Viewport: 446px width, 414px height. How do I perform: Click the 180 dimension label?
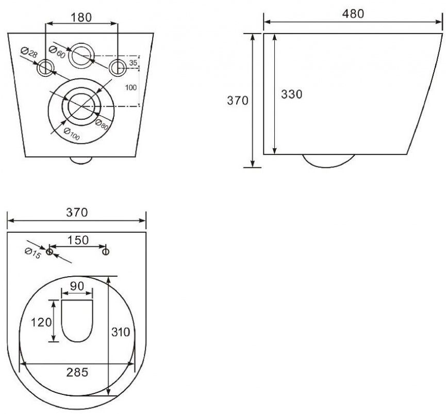click(x=81, y=18)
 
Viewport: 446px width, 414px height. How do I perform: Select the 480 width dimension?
click(x=353, y=13)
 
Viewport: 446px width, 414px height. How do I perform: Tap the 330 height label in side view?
click(x=291, y=94)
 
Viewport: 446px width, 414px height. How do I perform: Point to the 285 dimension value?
click(x=77, y=372)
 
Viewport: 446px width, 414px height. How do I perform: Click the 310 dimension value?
click(x=121, y=332)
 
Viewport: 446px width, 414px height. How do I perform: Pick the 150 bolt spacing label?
click(x=78, y=240)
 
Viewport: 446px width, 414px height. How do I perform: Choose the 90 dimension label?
click(x=77, y=286)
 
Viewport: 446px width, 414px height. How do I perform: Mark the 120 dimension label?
click(x=41, y=322)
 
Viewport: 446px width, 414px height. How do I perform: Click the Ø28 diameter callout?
click(x=29, y=52)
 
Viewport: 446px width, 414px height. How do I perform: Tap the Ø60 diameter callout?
click(x=57, y=52)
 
